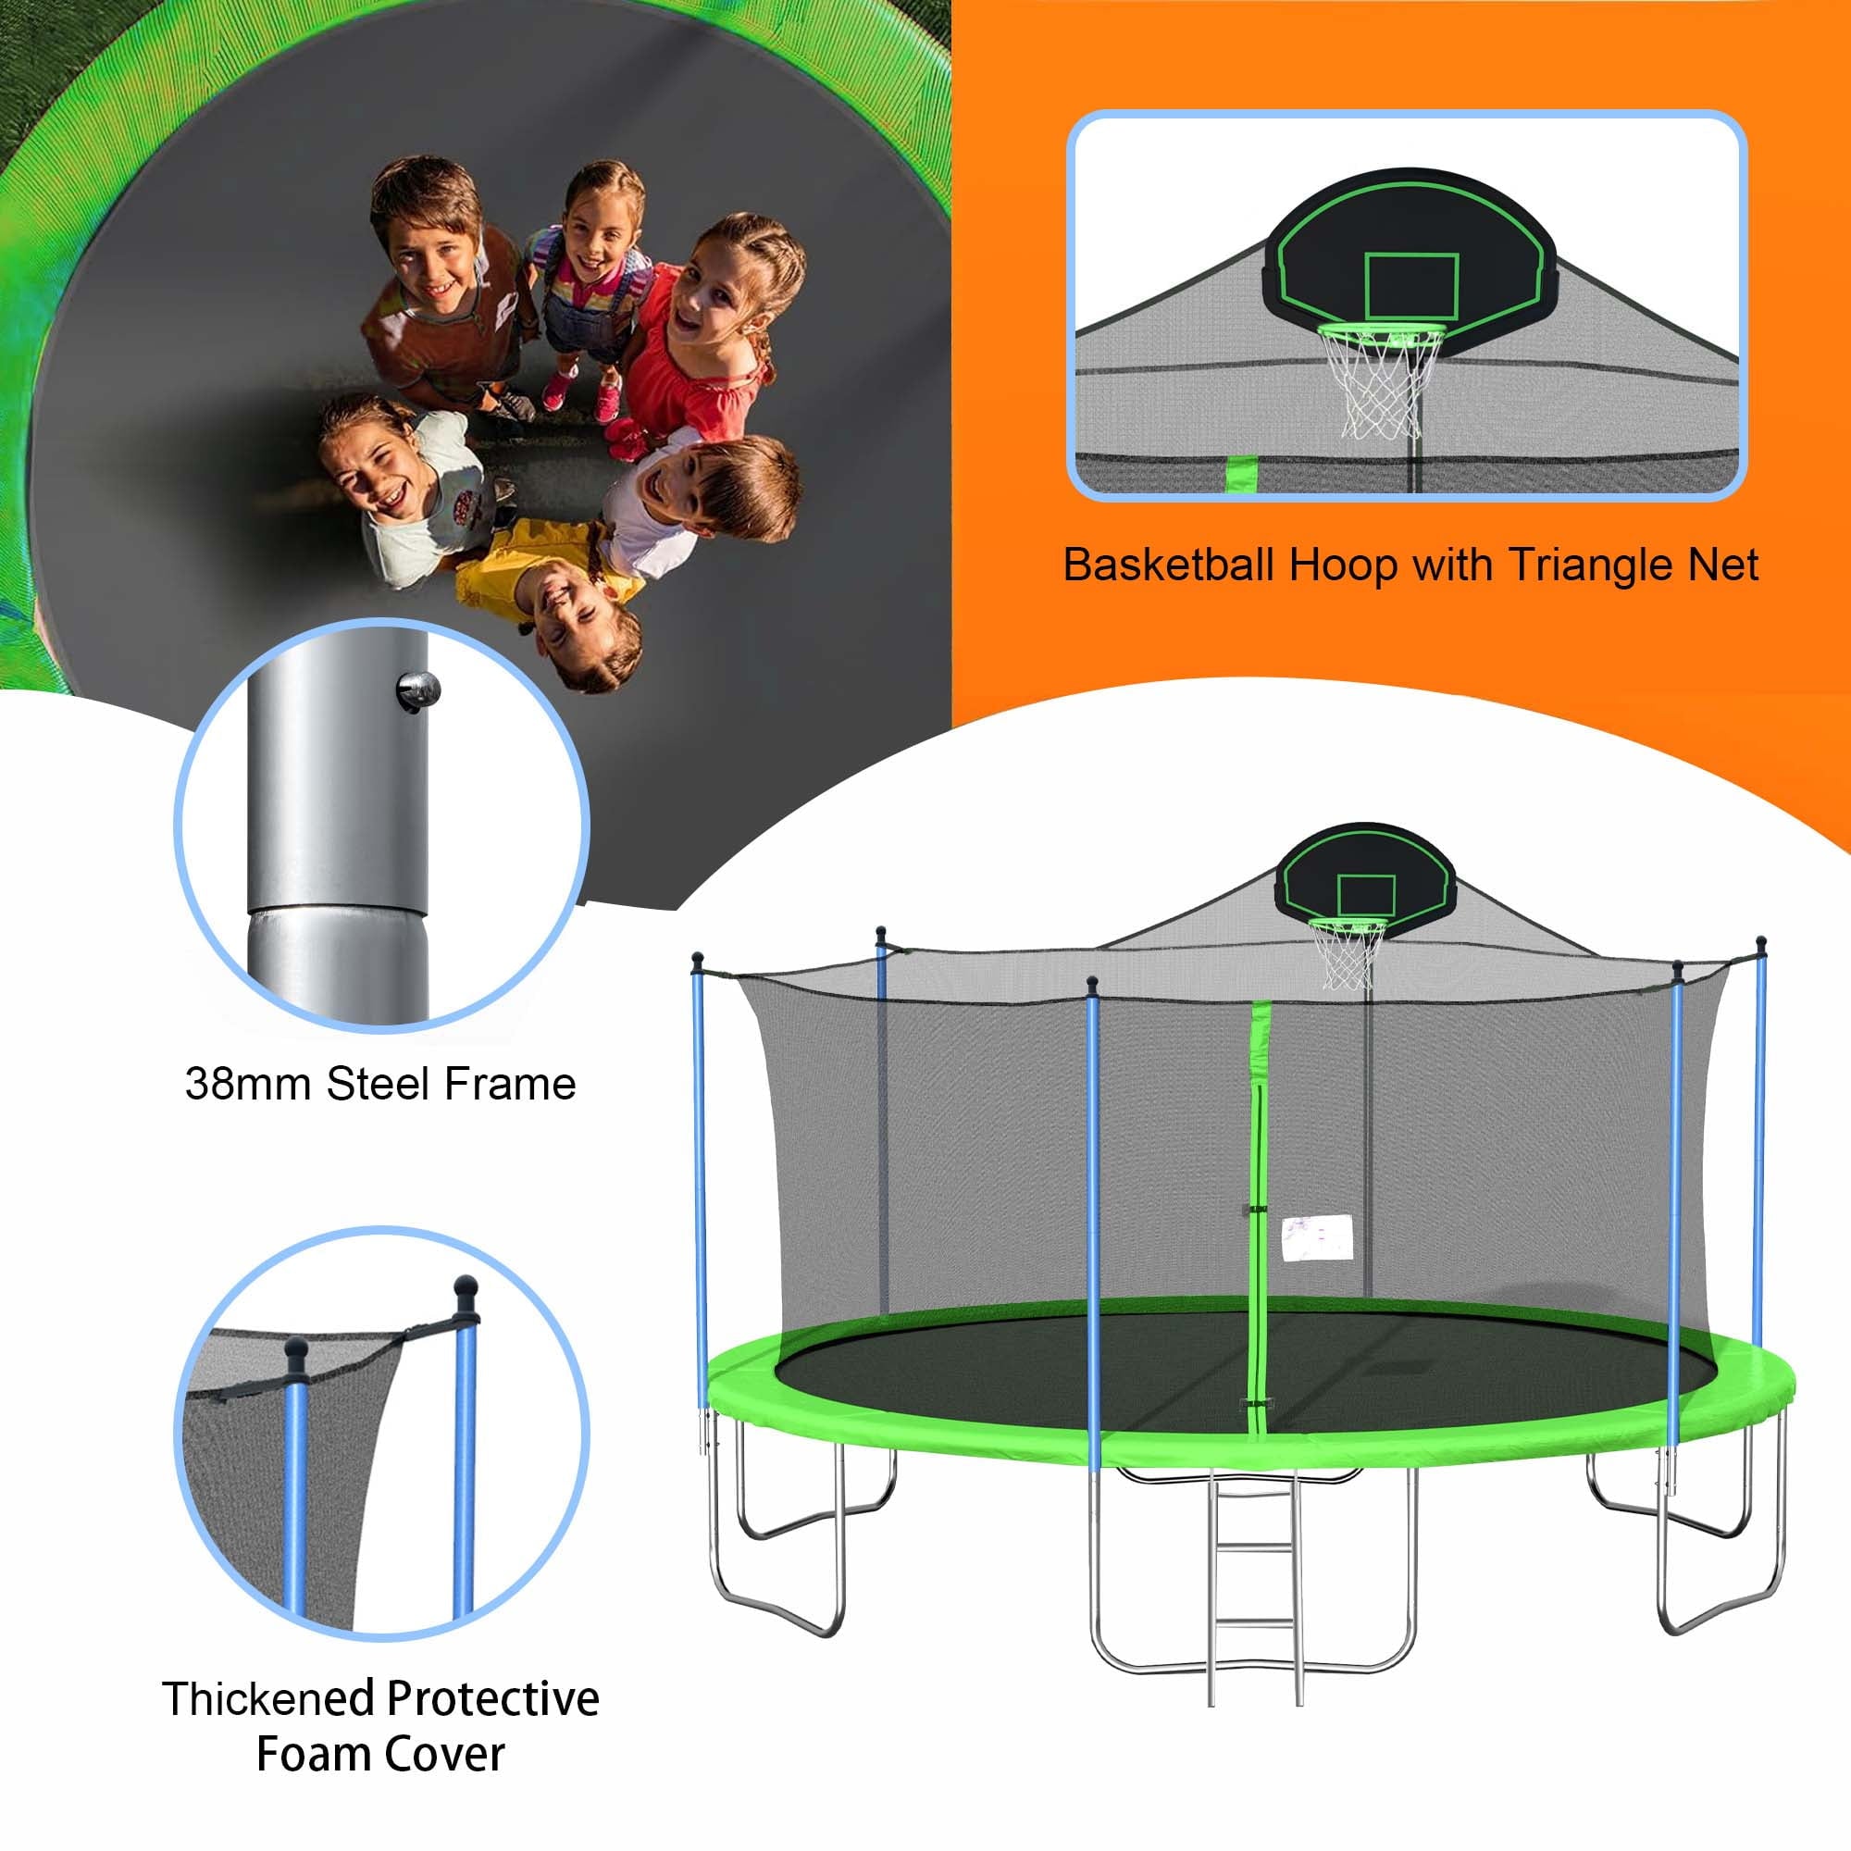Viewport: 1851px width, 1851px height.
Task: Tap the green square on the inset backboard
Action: tap(1410, 285)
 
